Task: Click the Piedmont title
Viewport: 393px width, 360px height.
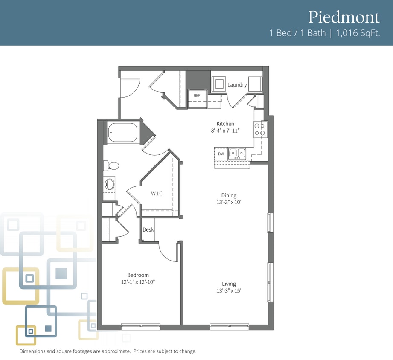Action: point(344,17)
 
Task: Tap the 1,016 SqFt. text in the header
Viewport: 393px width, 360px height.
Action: point(358,33)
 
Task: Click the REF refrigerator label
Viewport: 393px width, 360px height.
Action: point(197,96)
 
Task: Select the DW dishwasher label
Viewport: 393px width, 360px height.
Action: point(221,154)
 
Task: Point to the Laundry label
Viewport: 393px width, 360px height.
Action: point(237,85)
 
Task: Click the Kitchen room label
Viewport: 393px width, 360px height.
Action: point(225,124)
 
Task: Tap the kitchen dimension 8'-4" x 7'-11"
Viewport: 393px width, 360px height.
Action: point(225,131)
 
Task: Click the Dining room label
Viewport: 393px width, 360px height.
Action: point(229,195)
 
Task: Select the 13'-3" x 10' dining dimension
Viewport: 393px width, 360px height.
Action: point(229,202)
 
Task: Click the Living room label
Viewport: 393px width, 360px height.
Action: point(229,284)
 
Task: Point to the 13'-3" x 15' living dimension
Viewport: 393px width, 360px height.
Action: point(229,290)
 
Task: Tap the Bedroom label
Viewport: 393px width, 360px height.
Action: point(138,275)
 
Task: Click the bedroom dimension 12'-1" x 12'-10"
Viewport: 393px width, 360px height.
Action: point(138,282)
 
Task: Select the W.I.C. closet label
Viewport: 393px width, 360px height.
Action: point(157,193)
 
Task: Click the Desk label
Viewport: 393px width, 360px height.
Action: point(148,229)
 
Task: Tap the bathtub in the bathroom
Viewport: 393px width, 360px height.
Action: point(123,132)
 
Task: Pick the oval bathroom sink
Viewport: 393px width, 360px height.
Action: point(110,184)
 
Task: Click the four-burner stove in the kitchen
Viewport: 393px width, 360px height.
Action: point(260,129)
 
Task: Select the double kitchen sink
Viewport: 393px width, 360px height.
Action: point(237,153)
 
